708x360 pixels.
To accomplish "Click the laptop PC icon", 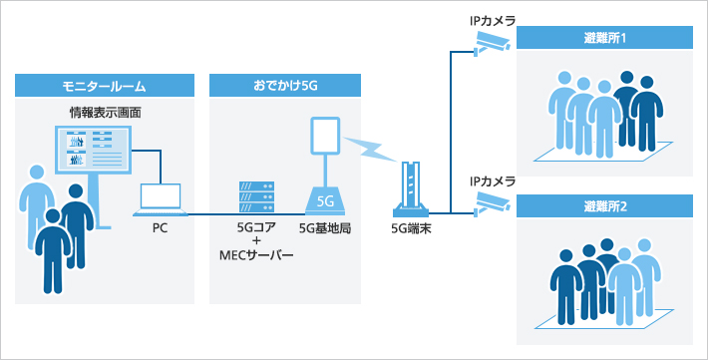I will pyautogui.click(x=161, y=200).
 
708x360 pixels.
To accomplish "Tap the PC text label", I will pyautogui.click(x=161, y=228).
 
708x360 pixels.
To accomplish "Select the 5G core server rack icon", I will pyautogui.click(x=255, y=197).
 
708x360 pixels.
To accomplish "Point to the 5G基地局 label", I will pyautogui.click(x=325, y=228).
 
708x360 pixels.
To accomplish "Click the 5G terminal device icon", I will pyautogui.click(x=410, y=189).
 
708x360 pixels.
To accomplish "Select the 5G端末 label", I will pyautogui.click(x=410, y=228).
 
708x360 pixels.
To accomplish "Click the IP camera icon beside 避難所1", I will pyautogui.click(x=491, y=42).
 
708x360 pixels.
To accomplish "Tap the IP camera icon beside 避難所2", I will pyautogui.click(x=491, y=203).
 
